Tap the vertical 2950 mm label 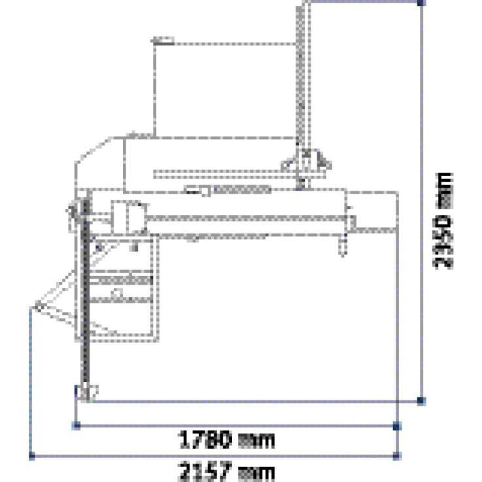(444, 220)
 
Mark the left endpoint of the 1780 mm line (77, 426)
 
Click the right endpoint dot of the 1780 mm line (398, 426)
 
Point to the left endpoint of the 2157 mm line (31, 456)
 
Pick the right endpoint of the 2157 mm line (398, 456)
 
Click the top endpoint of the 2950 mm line (421, 2)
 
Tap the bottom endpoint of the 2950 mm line (421, 400)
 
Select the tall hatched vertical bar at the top (301, 78)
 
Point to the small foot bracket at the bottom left (86, 392)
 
